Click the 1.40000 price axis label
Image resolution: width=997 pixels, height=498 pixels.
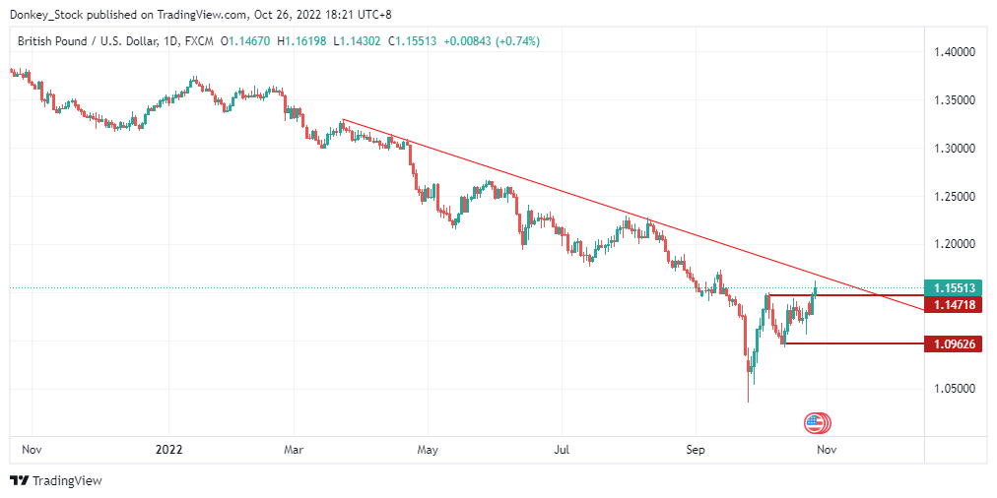click(954, 52)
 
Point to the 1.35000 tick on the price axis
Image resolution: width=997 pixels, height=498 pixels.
click(954, 100)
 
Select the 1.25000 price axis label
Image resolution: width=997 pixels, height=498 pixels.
click(954, 197)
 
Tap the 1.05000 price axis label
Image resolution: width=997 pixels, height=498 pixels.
click(954, 389)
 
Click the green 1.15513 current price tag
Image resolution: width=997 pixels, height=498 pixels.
click(954, 288)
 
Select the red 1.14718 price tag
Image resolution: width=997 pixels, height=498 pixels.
click(954, 306)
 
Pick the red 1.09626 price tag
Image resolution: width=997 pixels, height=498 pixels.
click(954, 344)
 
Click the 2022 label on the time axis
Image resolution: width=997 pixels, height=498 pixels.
click(168, 449)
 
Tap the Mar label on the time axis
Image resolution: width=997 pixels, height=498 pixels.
click(294, 449)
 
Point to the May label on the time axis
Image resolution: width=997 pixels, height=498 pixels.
click(427, 449)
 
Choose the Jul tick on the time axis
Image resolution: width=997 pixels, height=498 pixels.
click(561, 449)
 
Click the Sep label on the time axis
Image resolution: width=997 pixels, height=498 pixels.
click(696, 449)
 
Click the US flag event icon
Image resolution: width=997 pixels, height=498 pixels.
click(815, 423)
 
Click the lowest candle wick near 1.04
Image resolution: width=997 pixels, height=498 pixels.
click(748, 399)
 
